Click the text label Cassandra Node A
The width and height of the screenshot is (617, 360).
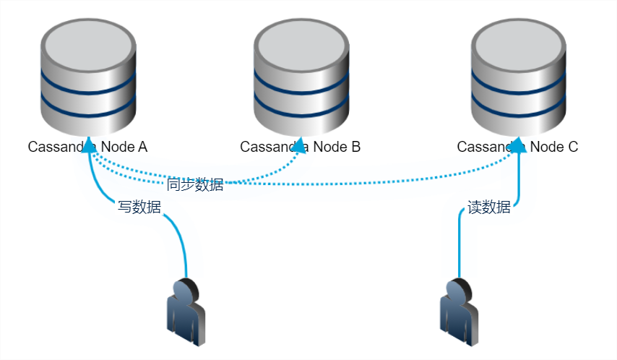[87, 147]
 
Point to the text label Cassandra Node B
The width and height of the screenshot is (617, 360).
[300, 147]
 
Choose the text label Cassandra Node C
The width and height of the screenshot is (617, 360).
[517, 147]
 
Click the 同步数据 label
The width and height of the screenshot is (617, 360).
[195, 184]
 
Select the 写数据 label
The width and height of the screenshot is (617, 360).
[139, 207]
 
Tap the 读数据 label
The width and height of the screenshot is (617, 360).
[489, 207]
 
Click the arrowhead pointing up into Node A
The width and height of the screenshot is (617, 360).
[89, 145]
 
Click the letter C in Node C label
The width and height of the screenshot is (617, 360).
[573, 147]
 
